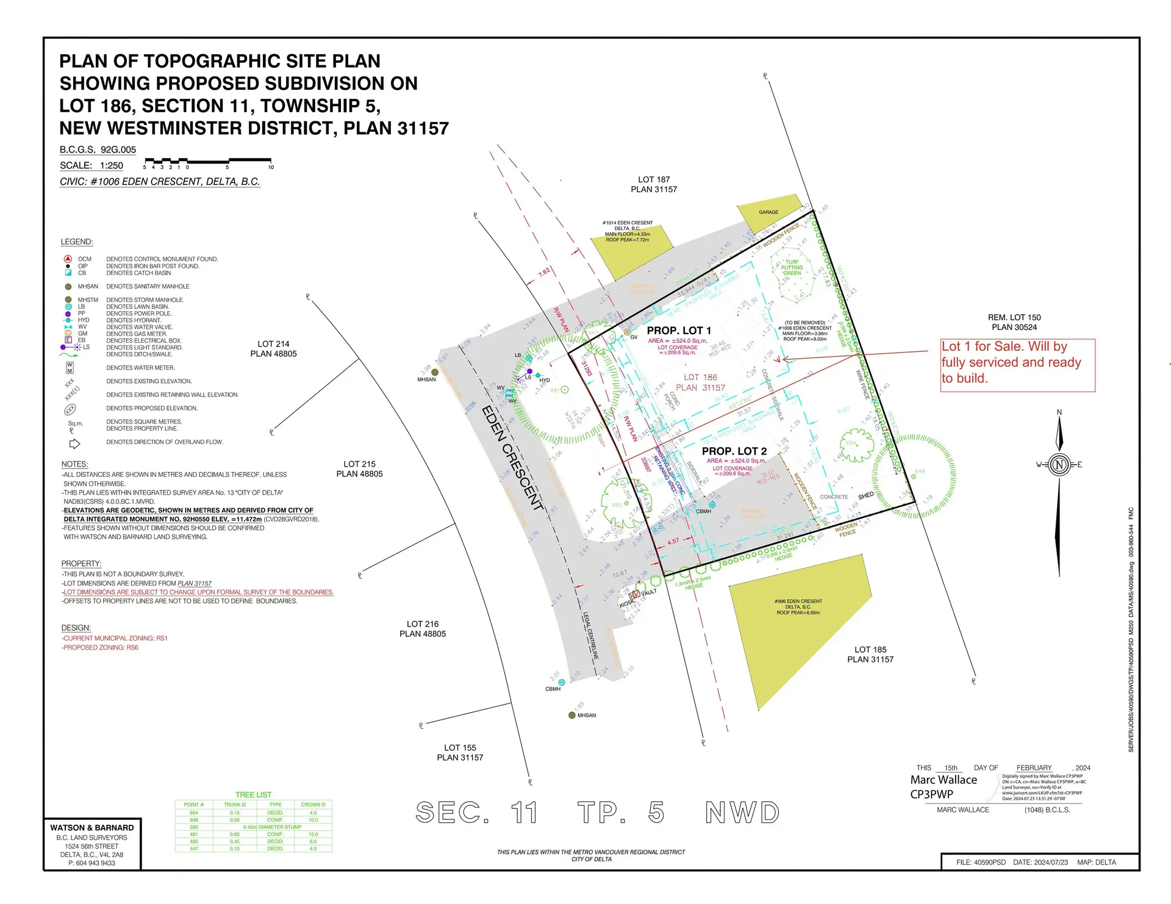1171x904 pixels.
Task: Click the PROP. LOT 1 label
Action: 678,331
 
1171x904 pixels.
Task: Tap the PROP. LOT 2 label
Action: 734,451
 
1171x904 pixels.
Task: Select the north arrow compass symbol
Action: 1059,465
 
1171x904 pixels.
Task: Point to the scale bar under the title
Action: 207,163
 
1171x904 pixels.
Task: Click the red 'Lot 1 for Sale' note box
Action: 1017,365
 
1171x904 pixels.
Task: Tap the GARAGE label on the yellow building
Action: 768,212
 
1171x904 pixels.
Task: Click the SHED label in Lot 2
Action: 865,495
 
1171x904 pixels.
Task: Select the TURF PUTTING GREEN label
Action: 792,267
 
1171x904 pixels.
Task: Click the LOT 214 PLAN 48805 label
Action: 273,349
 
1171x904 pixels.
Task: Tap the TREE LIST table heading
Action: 253,795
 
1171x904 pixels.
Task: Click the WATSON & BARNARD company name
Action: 92,828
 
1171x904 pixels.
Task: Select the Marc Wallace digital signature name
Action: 943,780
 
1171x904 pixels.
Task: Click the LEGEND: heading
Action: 77,242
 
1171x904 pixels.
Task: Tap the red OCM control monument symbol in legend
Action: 68,259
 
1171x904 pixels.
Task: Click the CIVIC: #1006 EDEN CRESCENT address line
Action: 160,182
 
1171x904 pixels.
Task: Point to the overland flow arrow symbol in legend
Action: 74,443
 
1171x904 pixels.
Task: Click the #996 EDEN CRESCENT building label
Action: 798,601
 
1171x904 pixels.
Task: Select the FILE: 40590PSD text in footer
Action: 980,863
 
